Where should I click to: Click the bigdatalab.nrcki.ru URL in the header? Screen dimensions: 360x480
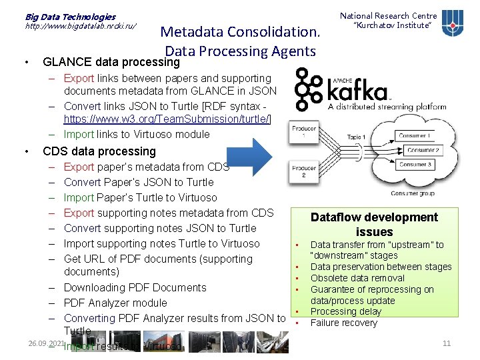[x=81, y=27]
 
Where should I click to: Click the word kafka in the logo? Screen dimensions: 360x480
[x=358, y=91]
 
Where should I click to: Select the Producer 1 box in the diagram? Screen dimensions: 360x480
[x=303, y=131]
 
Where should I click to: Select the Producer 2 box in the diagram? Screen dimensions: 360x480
[x=303, y=171]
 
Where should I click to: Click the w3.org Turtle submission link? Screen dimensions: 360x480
[x=177, y=119]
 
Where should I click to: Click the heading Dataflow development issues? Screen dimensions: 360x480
[x=374, y=224]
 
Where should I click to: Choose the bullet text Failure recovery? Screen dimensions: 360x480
[x=343, y=323]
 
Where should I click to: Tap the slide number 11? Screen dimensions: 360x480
[x=447, y=343]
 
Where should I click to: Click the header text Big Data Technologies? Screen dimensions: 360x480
[x=70, y=16]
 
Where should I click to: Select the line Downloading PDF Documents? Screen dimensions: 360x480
[x=135, y=287]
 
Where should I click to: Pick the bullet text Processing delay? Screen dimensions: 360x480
[x=345, y=311]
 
